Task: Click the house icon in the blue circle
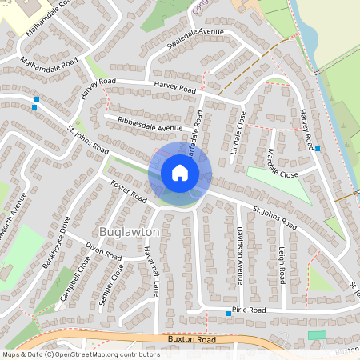click(x=179, y=173)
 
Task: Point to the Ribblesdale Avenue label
click(x=150, y=126)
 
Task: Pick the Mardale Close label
click(x=282, y=162)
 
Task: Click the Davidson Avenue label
click(x=238, y=254)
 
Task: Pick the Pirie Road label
click(x=248, y=309)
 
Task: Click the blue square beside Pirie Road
click(x=230, y=314)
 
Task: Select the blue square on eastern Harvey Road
click(x=318, y=149)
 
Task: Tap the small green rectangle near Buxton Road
click(x=318, y=334)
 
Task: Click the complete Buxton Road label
click(x=192, y=339)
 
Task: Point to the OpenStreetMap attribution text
click(x=81, y=354)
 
